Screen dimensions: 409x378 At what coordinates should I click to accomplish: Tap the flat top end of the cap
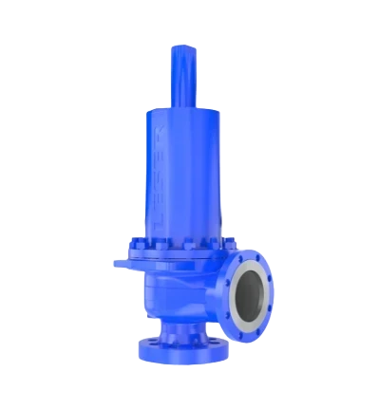pos(183,47)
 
